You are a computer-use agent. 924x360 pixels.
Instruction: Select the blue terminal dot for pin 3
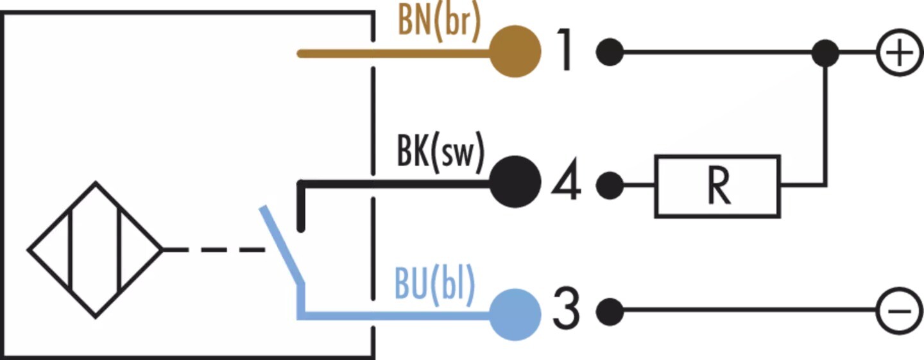515,313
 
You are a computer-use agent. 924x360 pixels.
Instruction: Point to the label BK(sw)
440,156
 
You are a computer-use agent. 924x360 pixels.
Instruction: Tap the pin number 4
566,184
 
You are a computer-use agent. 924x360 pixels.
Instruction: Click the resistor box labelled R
717,185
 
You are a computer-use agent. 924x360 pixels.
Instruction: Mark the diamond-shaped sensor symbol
95,249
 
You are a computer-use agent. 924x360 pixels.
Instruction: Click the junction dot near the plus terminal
825,53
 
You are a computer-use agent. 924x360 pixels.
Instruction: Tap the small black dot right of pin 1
610,53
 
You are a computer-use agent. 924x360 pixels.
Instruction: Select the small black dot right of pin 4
610,185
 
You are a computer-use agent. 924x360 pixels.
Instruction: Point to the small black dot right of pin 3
610,312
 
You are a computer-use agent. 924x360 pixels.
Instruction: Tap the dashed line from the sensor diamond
215,249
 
